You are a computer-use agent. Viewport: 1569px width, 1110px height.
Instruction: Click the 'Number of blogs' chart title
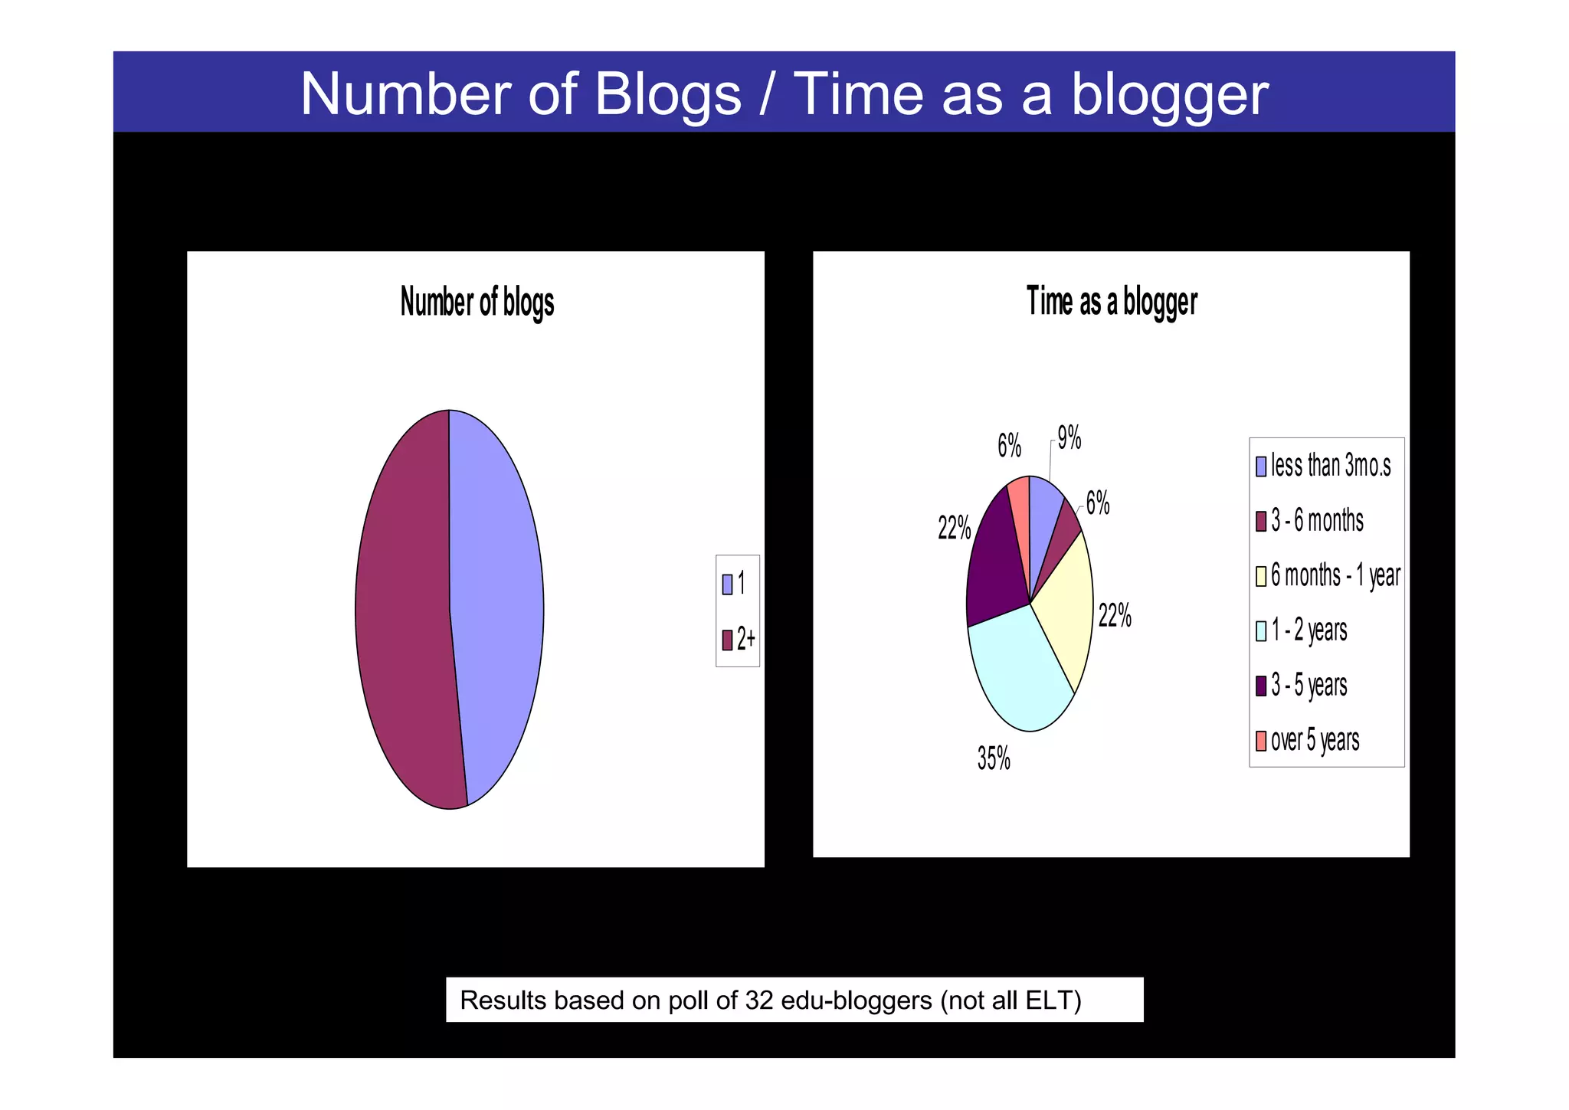coord(477,302)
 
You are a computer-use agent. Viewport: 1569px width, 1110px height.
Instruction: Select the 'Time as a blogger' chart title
coord(1111,301)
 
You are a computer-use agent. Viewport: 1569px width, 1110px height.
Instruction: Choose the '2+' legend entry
coord(739,639)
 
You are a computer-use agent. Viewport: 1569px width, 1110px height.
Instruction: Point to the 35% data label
coord(994,758)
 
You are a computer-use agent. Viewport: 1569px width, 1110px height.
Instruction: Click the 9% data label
coord(1069,438)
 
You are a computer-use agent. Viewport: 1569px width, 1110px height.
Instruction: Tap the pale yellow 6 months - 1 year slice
coord(1065,605)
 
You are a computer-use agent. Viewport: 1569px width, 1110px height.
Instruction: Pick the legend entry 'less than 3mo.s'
coord(1323,466)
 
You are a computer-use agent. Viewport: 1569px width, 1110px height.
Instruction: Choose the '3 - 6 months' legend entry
coord(1310,521)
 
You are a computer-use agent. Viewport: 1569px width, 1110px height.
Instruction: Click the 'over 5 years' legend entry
coord(1308,741)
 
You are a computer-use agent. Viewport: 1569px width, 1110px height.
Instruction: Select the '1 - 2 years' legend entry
coord(1302,630)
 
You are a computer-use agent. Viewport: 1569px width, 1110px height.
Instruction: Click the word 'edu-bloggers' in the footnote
coord(856,1000)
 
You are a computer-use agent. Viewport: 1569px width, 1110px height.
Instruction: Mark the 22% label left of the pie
coord(954,528)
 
